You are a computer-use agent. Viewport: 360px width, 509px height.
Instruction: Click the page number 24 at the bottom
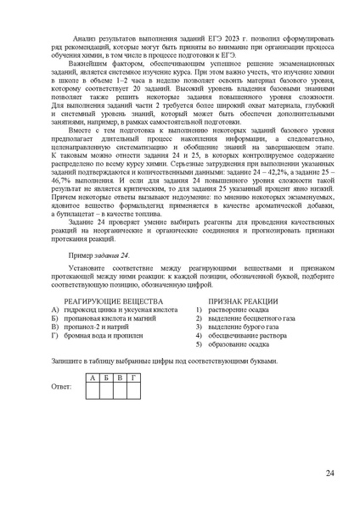coord(329,473)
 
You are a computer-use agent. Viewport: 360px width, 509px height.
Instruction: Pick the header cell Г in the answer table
coord(133,376)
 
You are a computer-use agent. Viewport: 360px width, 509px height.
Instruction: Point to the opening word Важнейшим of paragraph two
coord(93,64)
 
